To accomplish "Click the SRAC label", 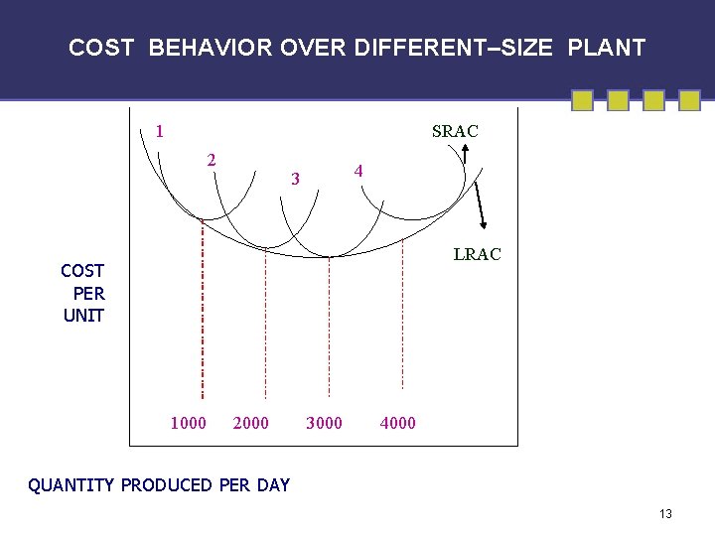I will pyautogui.click(x=455, y=131).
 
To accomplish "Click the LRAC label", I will pyautogui.click(x=478, y=254).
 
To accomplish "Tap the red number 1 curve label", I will pyautogui.click(x=160, y=130).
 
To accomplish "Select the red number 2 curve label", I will pyautogui.click(x=212, y=160).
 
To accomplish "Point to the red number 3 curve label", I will pyautogui.click(x=295, y=179).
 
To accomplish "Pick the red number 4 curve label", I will pyautogui.click(x=359, y=172).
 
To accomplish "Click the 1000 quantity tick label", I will pyautogui.click(x=189, y=424).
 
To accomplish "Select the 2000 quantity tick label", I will pyautogui.click(x=250, y=424).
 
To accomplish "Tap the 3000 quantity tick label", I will pyautogui.click(x=324, y=424).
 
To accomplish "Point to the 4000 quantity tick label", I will pyautogui.click(x=397, y=424).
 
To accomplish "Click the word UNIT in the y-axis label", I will pyautogui.click(x=83, y=316).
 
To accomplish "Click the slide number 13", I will pyautogui.click(x=665, y=513).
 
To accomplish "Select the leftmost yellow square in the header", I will pyautogui.click(x=584, y=100).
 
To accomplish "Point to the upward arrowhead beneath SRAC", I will pyautogui.click(x=463, y=151).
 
